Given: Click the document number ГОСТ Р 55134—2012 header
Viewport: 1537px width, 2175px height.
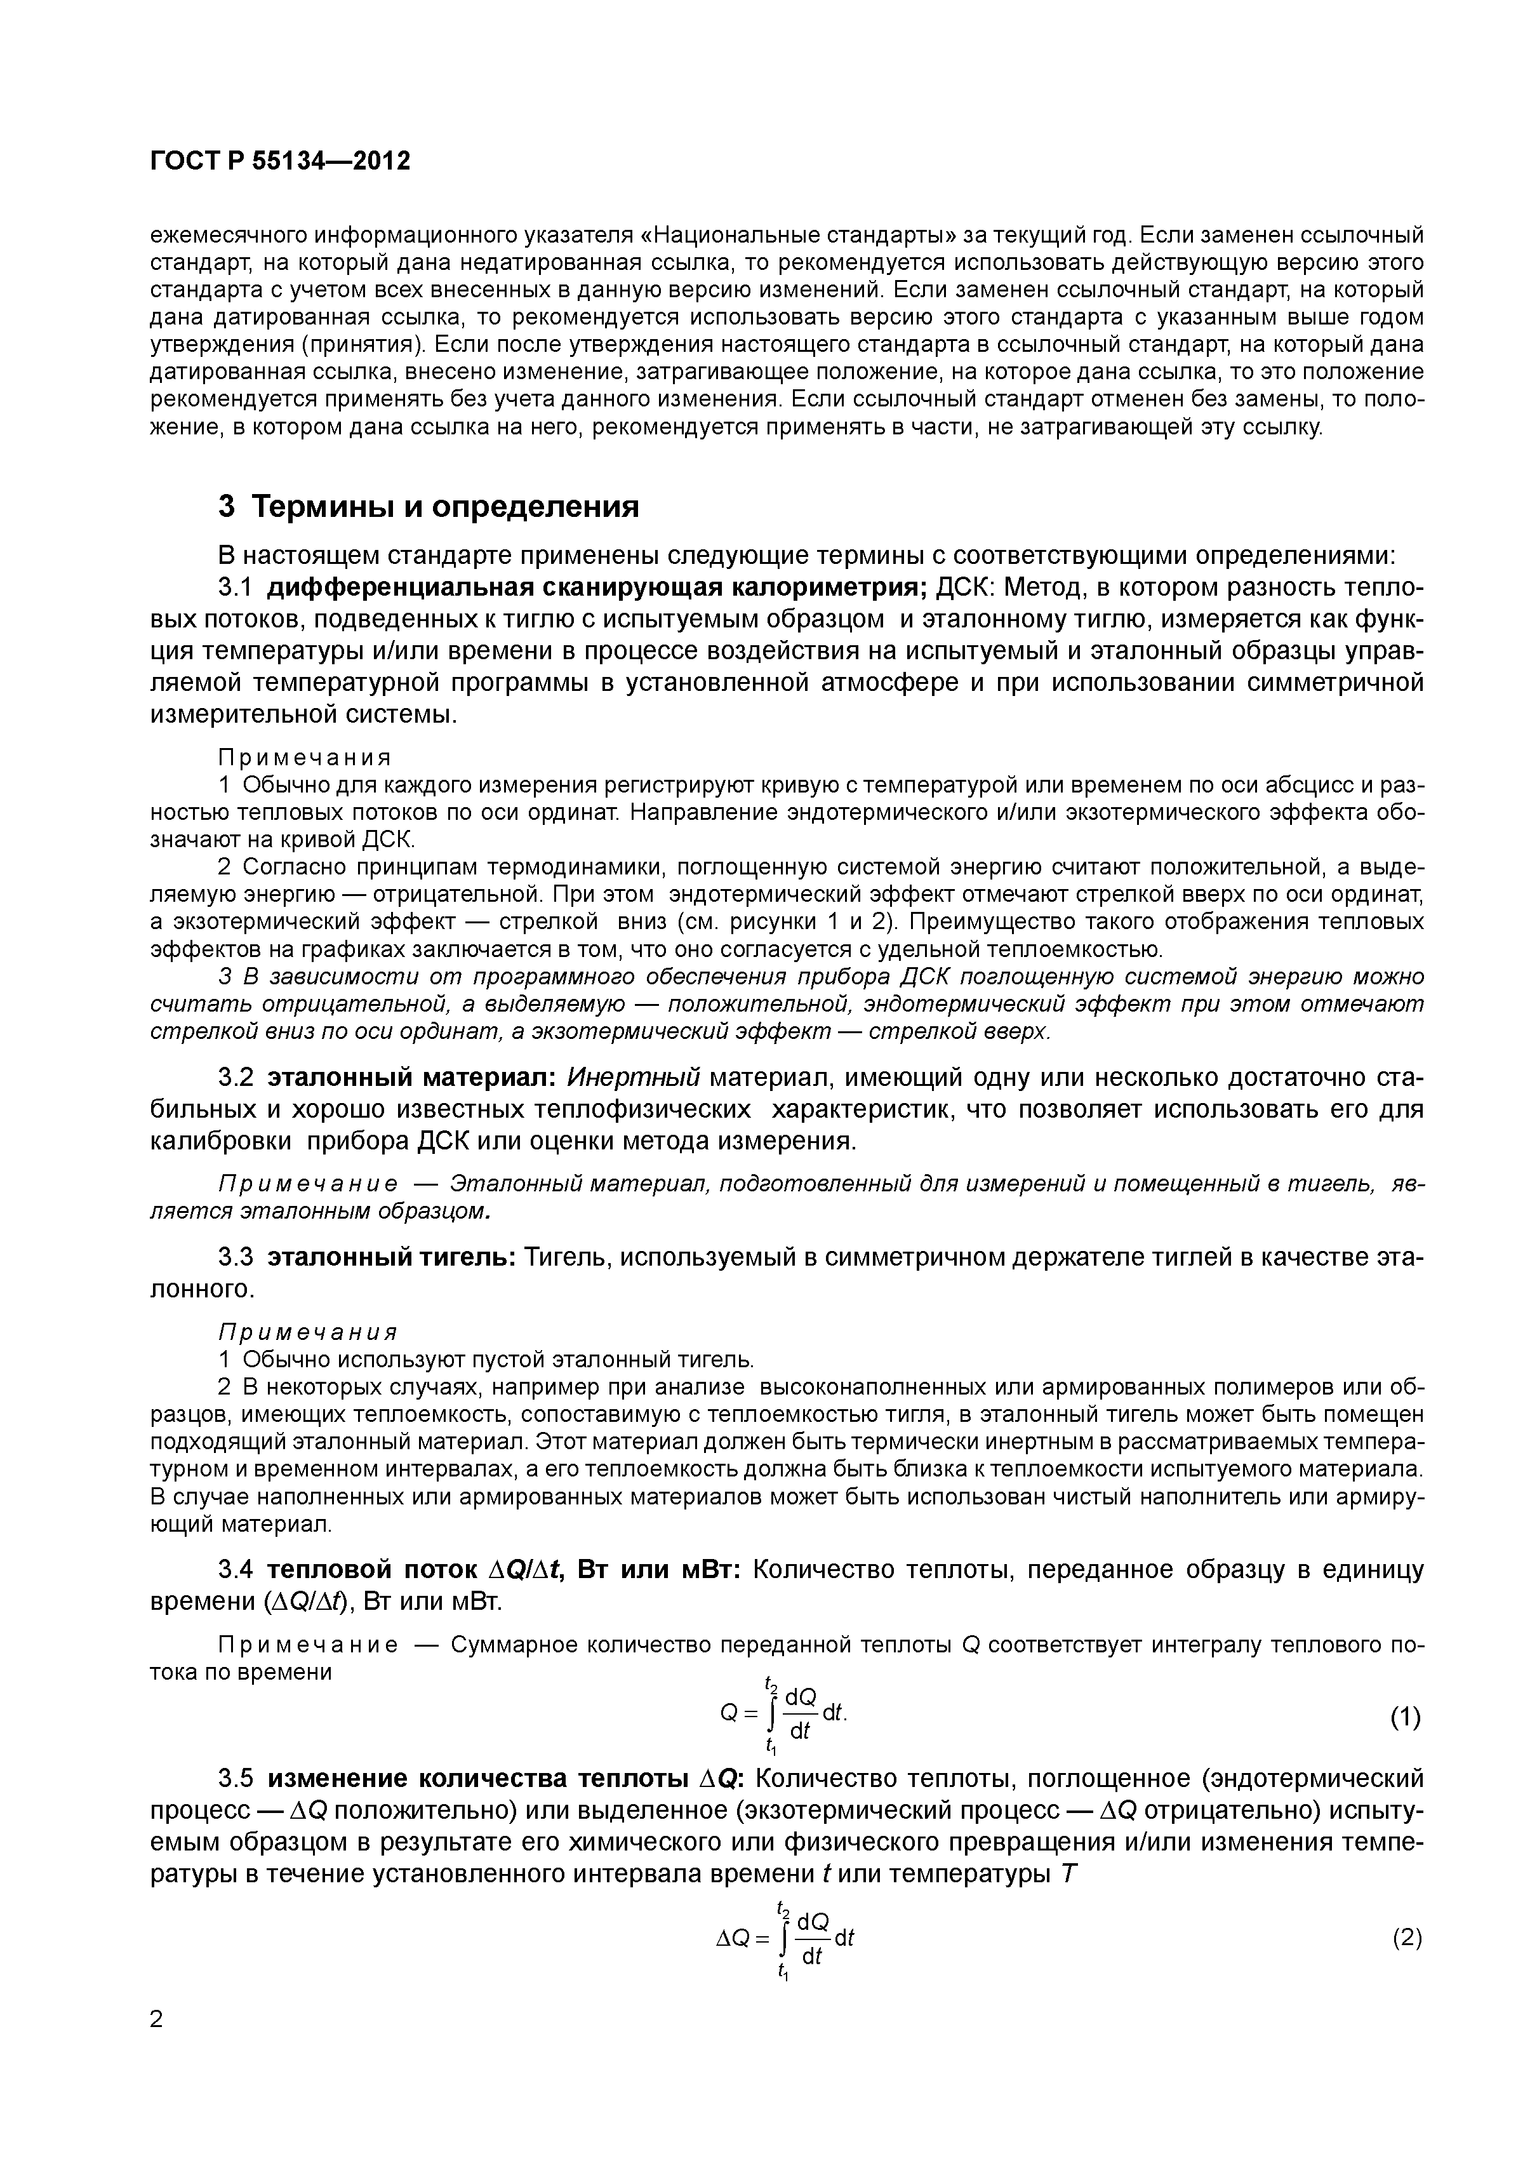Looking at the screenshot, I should [x=281, y=161].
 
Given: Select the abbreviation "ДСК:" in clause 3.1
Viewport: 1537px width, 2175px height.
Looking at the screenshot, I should [x=964, y=587].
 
